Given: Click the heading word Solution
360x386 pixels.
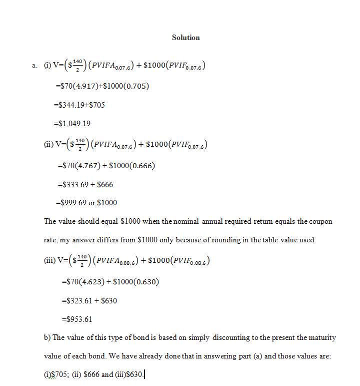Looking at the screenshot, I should point(185,38).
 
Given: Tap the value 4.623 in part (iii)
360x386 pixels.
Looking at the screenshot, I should point(88,282).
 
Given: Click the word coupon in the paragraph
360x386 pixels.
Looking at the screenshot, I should point(321,221).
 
